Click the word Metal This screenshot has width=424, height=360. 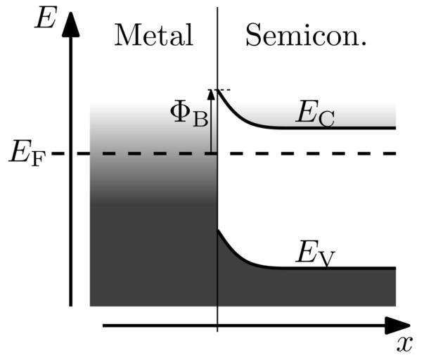[x=153, y=34]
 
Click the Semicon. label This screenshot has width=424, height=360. [x=306, y=34]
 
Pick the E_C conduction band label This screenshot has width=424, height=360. [x=313, y=113]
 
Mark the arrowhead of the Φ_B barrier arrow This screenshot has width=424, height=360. [x=210, y=94]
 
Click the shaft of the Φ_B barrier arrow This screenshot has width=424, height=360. [x=210, y=127]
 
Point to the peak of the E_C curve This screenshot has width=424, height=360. [x=218, y=91]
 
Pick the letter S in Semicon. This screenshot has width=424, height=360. [x=252, y=34]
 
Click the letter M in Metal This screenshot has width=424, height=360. [x=127, y=34]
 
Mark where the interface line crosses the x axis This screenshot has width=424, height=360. [x=217, y=326]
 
